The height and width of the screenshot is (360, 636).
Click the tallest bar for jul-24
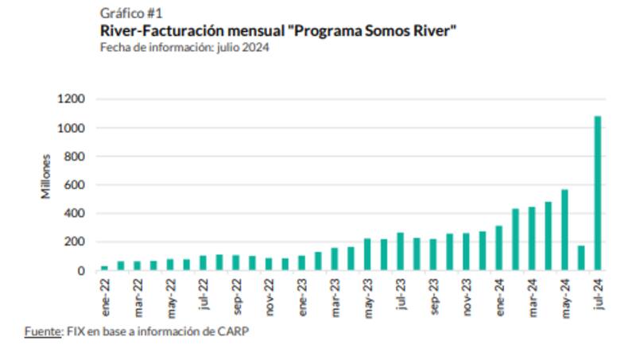click(597, 193)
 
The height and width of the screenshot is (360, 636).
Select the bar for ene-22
click(104, 268)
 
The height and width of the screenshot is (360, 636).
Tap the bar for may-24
click(564, 230)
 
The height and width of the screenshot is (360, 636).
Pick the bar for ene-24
click(498, 248)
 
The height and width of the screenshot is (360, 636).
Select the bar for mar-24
click(531, 238)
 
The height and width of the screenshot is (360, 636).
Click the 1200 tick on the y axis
click(71, 99)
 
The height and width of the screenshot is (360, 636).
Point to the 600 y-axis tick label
click(74, 185)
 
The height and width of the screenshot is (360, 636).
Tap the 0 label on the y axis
click(82, 271)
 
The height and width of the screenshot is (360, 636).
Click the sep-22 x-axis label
click(236, 295)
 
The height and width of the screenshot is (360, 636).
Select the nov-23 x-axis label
click(466, 295)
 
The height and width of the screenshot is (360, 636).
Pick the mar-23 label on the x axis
click(335, 295)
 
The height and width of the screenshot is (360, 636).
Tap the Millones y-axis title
click(46, 176)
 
